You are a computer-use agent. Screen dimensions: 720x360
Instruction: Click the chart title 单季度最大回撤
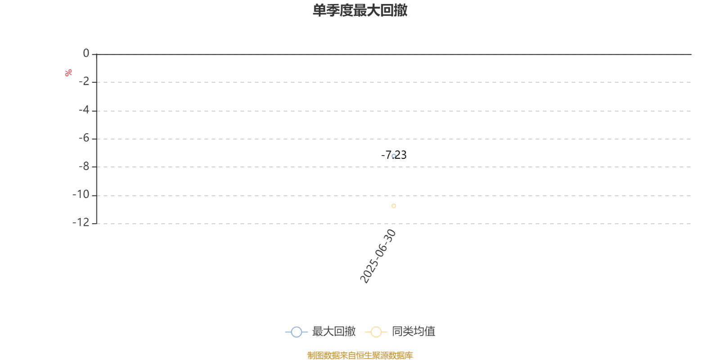pyautogui.click(x=360, y=10)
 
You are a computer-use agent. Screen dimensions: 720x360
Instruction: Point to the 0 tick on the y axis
pyautogui.click(x=86, y=53)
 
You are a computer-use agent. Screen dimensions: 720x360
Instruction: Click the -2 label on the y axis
pyautogui.click(x=84, y=81)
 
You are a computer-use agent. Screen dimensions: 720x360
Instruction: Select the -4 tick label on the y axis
pyautogui.click(x=84, y=110)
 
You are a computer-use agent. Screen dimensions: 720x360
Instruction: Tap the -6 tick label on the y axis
pyautogui.click(x=84, y=138)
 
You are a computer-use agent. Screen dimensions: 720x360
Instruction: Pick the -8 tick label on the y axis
pyautogui.click(x=84, y=166)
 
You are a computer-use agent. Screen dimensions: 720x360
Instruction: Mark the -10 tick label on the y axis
pyautogui.click(x=81, y=194)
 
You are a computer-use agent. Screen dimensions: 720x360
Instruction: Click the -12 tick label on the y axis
pyautogui.click(x=81, y=222)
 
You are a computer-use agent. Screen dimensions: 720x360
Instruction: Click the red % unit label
pyautogui.click(x=68, y=73)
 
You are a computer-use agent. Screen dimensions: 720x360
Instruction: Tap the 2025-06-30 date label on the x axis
pyautogui.click(x=378, y=256)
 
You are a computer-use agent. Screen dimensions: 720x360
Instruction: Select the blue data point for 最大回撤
pyautogui.click(x=394, y=156)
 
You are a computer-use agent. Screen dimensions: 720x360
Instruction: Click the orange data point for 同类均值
pyautogui.click(x=394, y=206)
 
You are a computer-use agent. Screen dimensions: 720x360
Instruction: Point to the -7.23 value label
pyautogui.click(x=394, y=155)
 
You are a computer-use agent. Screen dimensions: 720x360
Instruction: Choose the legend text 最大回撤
pyautogui.click(x=334, y=331)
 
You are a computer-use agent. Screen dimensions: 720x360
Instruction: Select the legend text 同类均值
pyautogui.click(x=414, y=331)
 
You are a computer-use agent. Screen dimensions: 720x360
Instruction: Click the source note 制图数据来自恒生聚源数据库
pyautogui.click(x=360, y=355)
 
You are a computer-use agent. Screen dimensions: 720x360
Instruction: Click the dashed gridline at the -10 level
pyautogui.click(x=394, y=195)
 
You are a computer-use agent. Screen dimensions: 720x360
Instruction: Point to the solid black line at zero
pyautogui.click(x=394, y=54)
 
